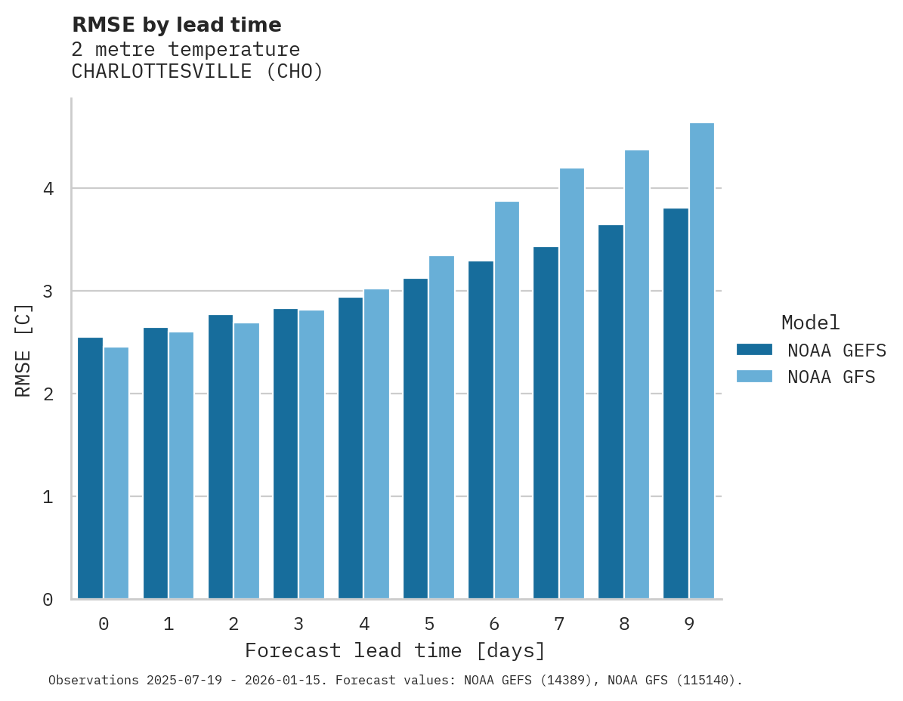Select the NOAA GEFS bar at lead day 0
(x=90, y=468)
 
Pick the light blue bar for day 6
(x=507, y=400)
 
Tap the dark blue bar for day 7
(x=546, y=423)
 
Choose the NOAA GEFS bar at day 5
(x=416, y=439)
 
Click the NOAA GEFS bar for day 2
(x=221, y=457)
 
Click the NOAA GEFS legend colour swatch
(x=754, y=350)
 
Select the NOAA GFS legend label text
(x=831, y=377)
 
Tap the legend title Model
(x=810, y=323)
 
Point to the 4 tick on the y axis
(x=48, y=189)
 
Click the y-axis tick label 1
(x=48, y=497)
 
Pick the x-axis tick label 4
(x=364, y=625)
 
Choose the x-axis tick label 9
(x=689, y=625)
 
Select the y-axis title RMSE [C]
(x=23, y=350)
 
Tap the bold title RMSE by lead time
(x=176, y=25)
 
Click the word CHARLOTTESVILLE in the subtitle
(x=162, y=72)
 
